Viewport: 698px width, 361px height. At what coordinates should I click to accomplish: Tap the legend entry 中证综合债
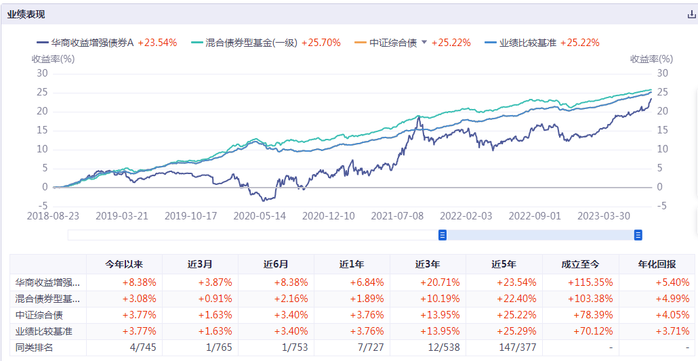[x=393, y=43]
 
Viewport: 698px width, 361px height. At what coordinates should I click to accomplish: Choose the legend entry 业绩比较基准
[x=527, y=43]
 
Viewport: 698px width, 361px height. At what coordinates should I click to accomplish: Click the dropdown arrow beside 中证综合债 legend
[x=424, y=42]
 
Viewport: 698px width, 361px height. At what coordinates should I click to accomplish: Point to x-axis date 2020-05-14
[x=259, y=215]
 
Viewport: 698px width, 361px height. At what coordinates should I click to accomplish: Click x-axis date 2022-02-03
[x=466, y=215]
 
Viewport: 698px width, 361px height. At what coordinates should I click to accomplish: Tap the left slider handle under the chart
[x=443, y=235]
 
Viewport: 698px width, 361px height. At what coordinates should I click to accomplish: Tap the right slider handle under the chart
[x=638, y=235]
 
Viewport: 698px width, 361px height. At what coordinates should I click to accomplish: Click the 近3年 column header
[x=428, y=264]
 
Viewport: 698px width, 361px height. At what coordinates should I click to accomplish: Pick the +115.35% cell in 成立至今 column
[x=581, y=282]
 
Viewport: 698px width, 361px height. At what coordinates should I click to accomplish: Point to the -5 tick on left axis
[x=42, y=206]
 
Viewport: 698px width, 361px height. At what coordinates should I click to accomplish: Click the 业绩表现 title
[x=26, y=14]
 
